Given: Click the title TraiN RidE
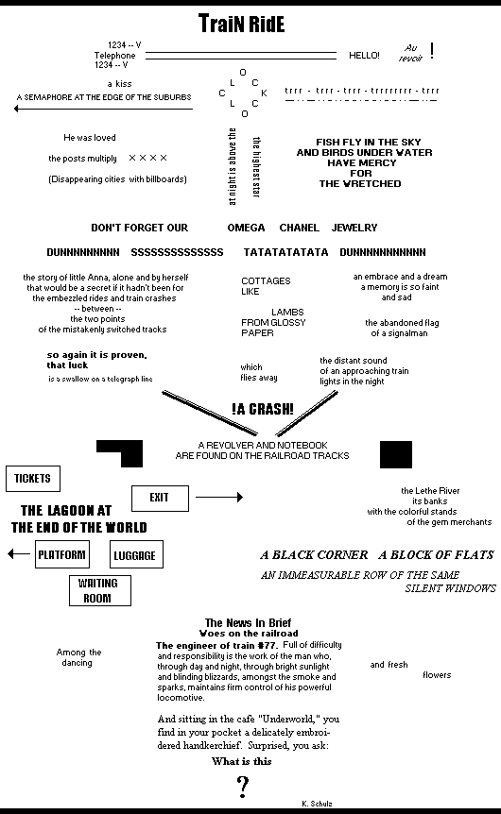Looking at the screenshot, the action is pyautogui.click(x=242, y=24).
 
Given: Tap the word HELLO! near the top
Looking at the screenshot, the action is pyautogui.click(x=364, y=56).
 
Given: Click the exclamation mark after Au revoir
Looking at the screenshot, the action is pyautogui.click(x=432, y=50).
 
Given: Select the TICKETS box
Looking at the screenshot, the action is pyautogui.click(x=33, y=479).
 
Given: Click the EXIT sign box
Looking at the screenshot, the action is pyautogui.click(x=160, y=498).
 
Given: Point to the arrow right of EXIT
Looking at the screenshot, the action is pyautogui.click(x=219, y=497).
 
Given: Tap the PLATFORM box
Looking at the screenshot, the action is pyautogui.click(x=62, y=554).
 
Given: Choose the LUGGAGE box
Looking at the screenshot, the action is pyautogui.click(x=136, y=554).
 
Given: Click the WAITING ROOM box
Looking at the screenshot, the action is pyautogui.click(x=100, y=591).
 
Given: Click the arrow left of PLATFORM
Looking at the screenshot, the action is pyautogui.click(x=19, y=554).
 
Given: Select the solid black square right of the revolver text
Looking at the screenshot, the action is pyautogui.click(x=396, y=455).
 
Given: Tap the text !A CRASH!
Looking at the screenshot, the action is pyautogui.click(x=263, y=409).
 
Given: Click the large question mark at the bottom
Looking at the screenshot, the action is pyautogui.click(x=242, y=787).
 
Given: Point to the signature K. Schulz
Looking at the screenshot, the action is pyautogui.click(x=317, y=804).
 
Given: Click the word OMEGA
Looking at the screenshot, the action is pyautogui.click(x=246, y=228).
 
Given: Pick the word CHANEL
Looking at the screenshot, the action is pyautogui.click(x=300, y=228).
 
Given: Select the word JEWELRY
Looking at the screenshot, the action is pyautogui.click(x=354, y=228).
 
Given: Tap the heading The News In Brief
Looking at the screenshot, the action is pyautogui.click(x=248, y=622).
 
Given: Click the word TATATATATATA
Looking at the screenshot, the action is pyautogui.click(x=285, y=252).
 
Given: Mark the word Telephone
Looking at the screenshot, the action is pyautogui.click(x=115, y=56).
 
